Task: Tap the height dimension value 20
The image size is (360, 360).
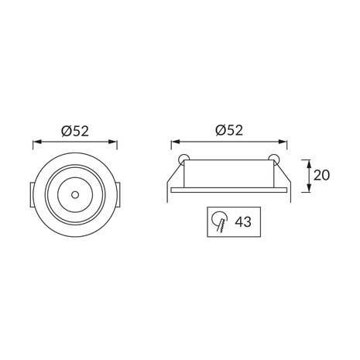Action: point(323,175)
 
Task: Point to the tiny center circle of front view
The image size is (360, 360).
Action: point(74,190)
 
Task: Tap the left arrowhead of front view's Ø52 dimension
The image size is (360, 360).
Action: point(35,143)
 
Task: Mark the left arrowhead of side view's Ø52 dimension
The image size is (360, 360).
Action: point(174,143)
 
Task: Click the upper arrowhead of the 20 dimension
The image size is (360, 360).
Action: point(308,162)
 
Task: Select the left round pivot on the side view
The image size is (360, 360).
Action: point(183,159)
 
